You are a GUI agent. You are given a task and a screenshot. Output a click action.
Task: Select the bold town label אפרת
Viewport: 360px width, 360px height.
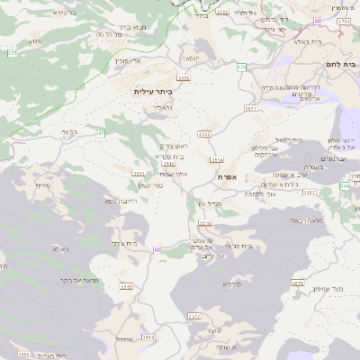tap(226, 177)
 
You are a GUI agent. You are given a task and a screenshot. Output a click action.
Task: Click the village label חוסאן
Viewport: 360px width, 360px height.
tap(191, 58)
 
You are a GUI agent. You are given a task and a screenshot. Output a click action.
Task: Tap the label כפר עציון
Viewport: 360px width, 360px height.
tap(150, 185)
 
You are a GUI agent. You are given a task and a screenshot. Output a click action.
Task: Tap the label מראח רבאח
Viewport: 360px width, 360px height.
tap(288, 220)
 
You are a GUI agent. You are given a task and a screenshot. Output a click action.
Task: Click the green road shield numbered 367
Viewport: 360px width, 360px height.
tap(101, 133)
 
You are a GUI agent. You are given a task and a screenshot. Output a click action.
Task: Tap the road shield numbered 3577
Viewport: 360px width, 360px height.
tap(250, 108)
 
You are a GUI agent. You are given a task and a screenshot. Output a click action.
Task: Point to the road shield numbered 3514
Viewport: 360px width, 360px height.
tap(216, 160)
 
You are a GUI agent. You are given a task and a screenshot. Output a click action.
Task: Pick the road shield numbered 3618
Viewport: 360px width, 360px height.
tap(204, 222)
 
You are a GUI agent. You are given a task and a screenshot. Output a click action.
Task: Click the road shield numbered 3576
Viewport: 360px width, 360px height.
tap(184, 78)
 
